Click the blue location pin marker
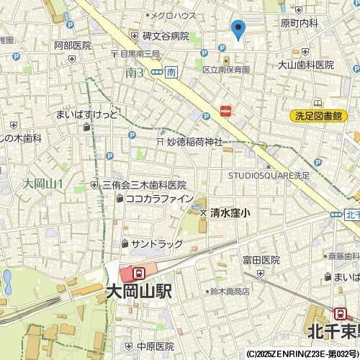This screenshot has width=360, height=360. (x=238, y=30)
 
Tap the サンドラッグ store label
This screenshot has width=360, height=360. (x=157, y=243)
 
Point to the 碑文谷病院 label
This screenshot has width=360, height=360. (x=165, y=36)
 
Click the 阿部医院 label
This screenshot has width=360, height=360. (x=73, y=45)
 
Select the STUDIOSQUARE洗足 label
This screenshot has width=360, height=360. (x=269, y=174)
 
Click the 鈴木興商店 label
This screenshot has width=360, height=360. (x=230, y=292)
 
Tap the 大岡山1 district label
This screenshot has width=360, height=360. (x=43, y=184)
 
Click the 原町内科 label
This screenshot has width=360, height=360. (x=300, y=24)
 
